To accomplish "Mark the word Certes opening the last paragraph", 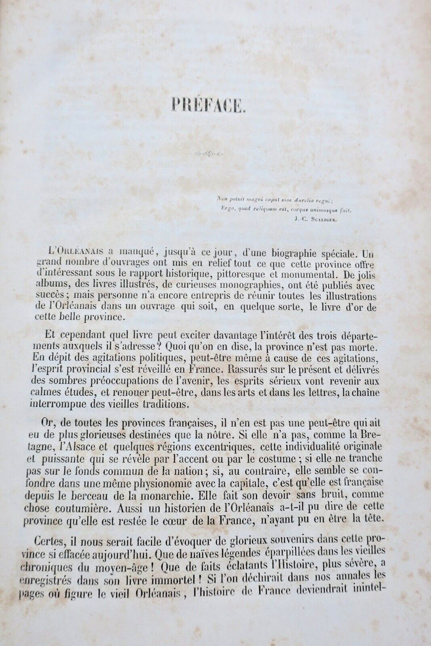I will [56, 539].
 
